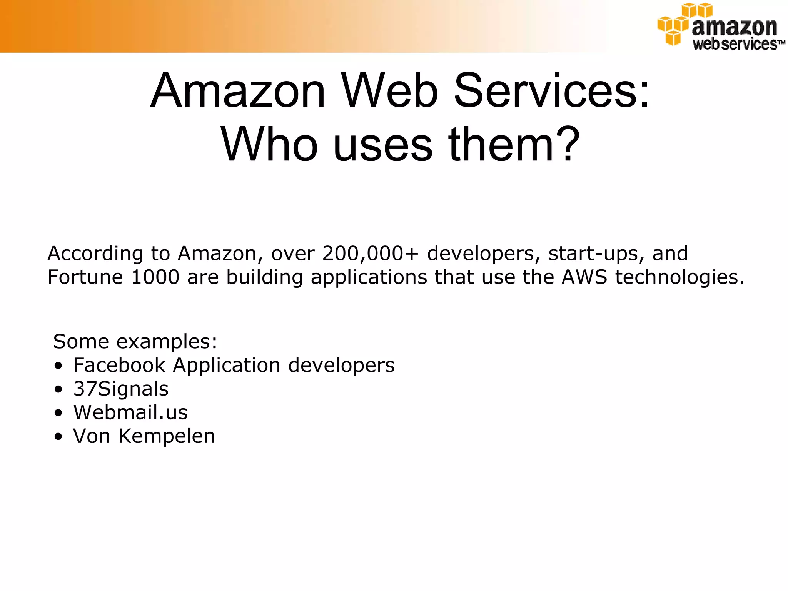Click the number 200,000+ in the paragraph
[x=370, y=254]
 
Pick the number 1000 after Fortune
[x=155, y=277]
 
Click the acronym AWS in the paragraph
[x=584, y=277]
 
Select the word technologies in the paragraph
[x=679, y=278]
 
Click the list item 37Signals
[x=121, y=389]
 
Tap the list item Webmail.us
[x=130, y=412]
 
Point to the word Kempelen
[x=166, y=436]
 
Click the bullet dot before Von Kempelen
[x=58, y=437]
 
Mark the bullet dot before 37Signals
[x=58, y=389]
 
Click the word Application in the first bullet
[x=226, y=366]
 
